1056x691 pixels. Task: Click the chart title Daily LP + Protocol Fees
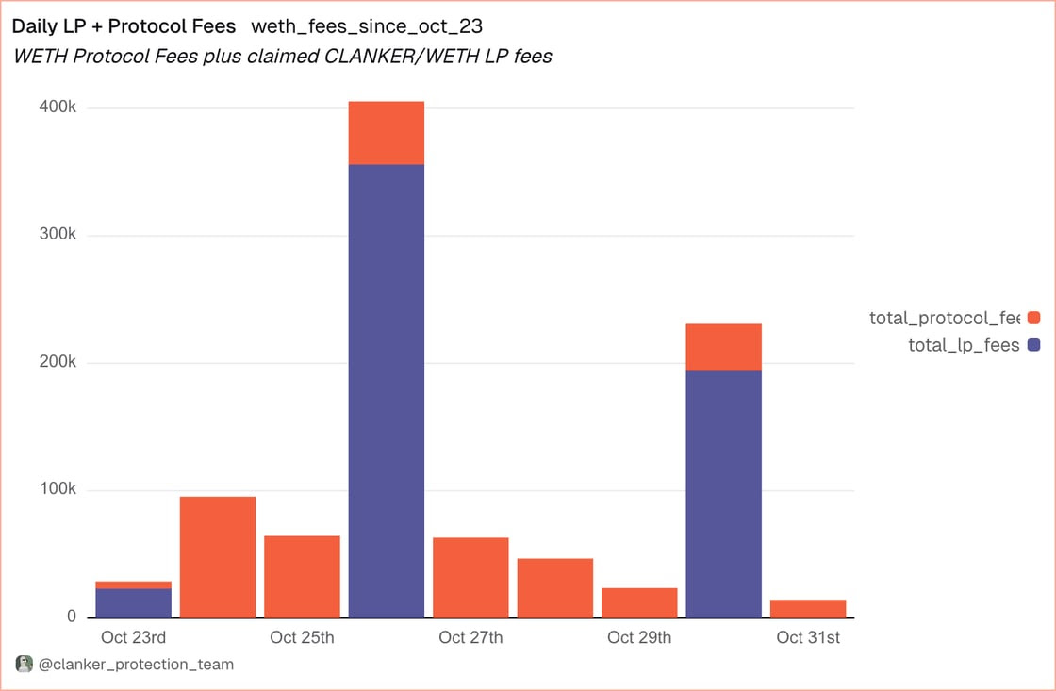[x=124, y=26]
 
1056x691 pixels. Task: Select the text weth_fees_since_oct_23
[x=367, y=26]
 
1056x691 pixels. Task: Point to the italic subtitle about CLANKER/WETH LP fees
[x=282, y=57]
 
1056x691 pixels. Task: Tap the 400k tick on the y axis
[x=58, y=107]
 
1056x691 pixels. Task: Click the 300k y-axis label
[x=58, y=235]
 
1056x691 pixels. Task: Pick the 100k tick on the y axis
[x=58, y=490]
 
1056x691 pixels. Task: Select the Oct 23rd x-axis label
[x=133, y=638]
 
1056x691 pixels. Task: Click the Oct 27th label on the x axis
[x=470, y=638]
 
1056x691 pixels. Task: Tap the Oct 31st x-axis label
[x=808, y=638]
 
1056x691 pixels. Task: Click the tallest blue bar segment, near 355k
[x=387, y=391]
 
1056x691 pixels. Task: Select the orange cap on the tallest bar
[x=387, y=133]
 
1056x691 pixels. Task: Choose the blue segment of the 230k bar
[x=724, y=494]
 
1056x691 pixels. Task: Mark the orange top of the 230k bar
[x=724, y=347]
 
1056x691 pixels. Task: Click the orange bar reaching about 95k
[x=218, y=557]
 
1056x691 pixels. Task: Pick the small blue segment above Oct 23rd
[x=134, y=603]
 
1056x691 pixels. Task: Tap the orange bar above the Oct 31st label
[x=808, y=609]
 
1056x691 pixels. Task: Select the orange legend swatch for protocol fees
[x=1033, y=319]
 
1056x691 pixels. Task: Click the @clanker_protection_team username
[x=136, y=665]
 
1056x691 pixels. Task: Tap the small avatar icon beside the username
[x=25, y=665]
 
